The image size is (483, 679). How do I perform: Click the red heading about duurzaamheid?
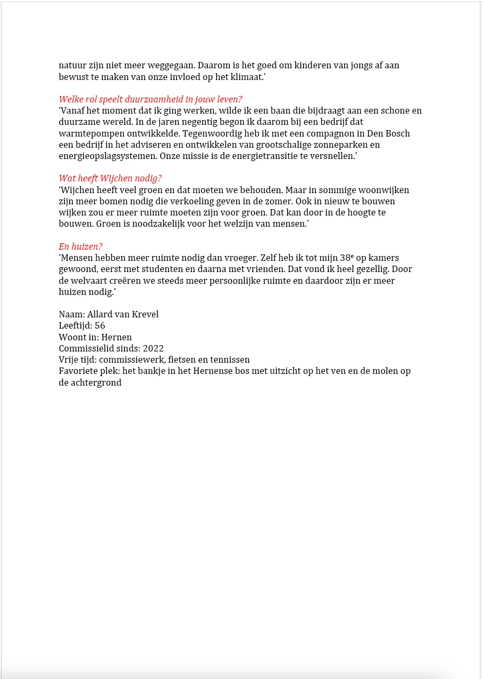150,100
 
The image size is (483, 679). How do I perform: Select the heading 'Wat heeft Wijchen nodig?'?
110,179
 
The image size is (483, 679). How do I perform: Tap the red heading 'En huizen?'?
80,246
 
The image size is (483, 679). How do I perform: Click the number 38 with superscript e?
347,258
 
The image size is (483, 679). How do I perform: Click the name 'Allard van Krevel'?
123,315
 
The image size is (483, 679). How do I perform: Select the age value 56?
100,326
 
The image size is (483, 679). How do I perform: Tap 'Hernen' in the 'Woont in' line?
117,338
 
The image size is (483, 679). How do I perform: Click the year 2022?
153,349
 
